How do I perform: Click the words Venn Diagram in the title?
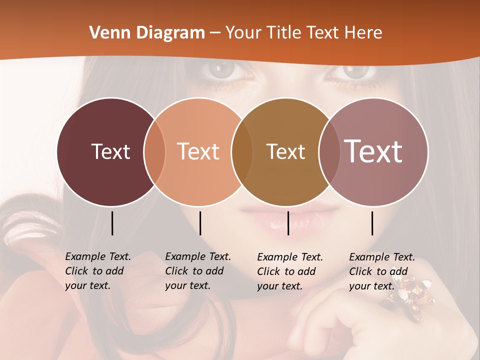point(147,33)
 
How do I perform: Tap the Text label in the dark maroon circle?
point(110,151)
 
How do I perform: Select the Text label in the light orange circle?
point(198,151)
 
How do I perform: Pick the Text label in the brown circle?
point(285,151)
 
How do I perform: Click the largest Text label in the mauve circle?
point(373,151)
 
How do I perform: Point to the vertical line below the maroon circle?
point(112,223)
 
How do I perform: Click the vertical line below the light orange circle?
point(200,223)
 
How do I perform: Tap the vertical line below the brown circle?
point(288,223)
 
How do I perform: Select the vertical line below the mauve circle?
point(372,223)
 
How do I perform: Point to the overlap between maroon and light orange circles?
point(154,151)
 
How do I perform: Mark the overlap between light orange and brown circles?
point(242,151)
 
